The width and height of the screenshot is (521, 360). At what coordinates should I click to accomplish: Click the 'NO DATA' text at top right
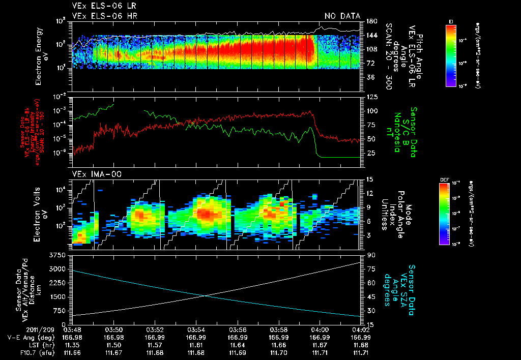(342, 16)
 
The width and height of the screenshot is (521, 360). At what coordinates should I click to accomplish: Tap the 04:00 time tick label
(319, 329)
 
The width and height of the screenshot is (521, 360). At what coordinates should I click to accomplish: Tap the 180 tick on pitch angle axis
(370, 21)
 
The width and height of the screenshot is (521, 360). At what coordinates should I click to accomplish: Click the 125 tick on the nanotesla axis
(370, 97)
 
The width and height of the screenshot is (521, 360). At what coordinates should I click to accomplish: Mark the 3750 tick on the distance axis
(60, 254)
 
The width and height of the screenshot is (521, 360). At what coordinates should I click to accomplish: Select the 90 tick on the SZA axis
(369, 254)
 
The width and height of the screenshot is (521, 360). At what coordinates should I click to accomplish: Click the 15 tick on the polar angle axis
(369, 179)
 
